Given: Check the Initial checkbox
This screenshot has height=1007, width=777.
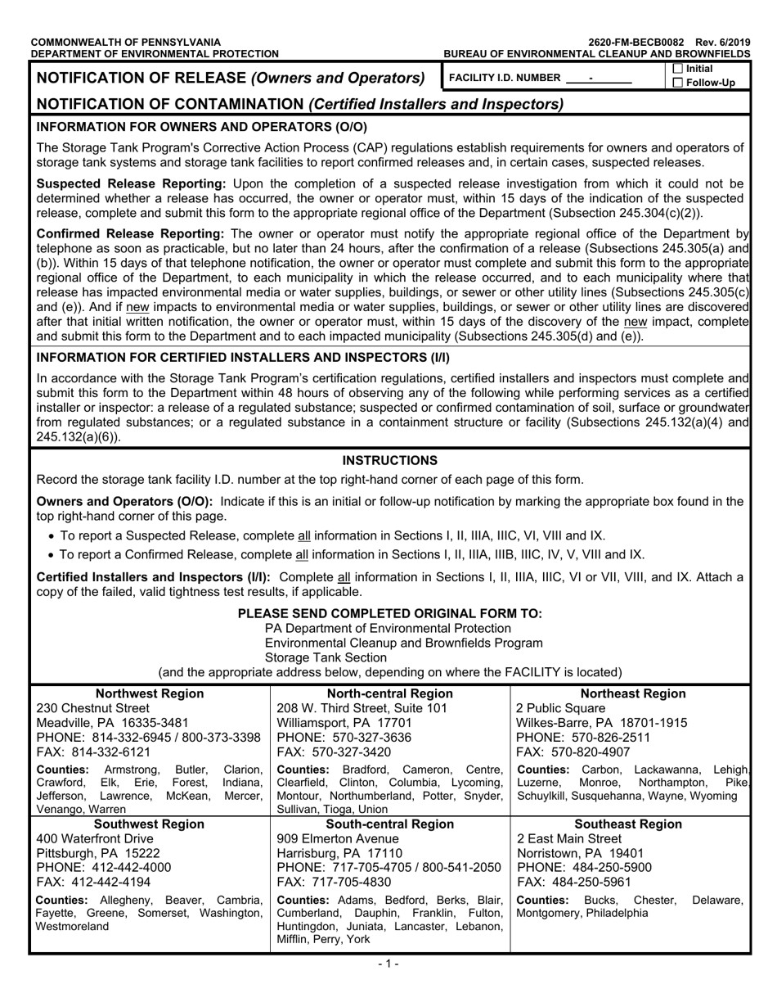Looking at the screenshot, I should [677, 70].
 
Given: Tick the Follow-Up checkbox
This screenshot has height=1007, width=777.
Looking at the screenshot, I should [677, 83].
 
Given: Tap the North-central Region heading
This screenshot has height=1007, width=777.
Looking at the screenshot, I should [390, 693].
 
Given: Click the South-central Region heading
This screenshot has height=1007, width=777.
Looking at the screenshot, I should [390, 824].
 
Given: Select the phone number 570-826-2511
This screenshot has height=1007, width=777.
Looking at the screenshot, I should [601, 738].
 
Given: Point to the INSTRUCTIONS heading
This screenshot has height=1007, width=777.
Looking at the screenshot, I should [389, 460].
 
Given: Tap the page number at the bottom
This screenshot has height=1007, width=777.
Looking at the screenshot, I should [388, 964].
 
